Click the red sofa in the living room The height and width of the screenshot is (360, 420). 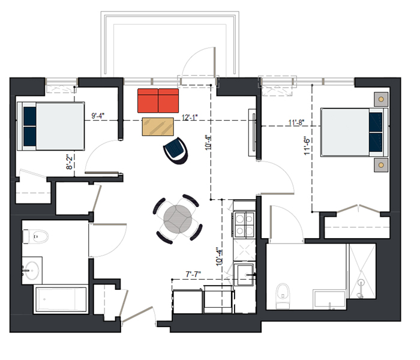coord(158,100)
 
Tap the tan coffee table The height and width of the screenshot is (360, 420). coord(158,127)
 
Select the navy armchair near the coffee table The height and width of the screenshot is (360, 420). coord(176,151)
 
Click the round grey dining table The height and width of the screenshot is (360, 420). coord(178,219)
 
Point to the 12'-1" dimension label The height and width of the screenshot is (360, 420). coord(190,118)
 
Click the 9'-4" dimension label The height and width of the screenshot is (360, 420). coord(98,116)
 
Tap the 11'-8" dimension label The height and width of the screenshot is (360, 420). coord(296,122)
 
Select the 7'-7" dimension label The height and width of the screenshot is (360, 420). coord(193,274)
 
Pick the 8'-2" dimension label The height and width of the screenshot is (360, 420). coord(69,161)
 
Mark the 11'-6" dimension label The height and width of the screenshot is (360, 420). coord(307,146)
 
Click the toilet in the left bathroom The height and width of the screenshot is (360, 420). coord(35,236)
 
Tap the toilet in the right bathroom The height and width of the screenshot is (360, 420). coord(283,296)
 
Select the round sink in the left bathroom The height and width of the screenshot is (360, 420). coord(32,270)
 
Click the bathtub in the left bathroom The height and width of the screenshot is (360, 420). coord(61,299)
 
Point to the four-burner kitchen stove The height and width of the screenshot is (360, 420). coord(244,224)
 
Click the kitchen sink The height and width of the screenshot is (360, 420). coord(244,275)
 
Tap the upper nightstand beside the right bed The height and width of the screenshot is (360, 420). coord(381,100)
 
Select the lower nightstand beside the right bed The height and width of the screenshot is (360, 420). coord(381,165)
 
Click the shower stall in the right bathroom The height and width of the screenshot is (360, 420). coord(362,271)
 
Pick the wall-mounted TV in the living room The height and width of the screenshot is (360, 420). coord(253,133)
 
